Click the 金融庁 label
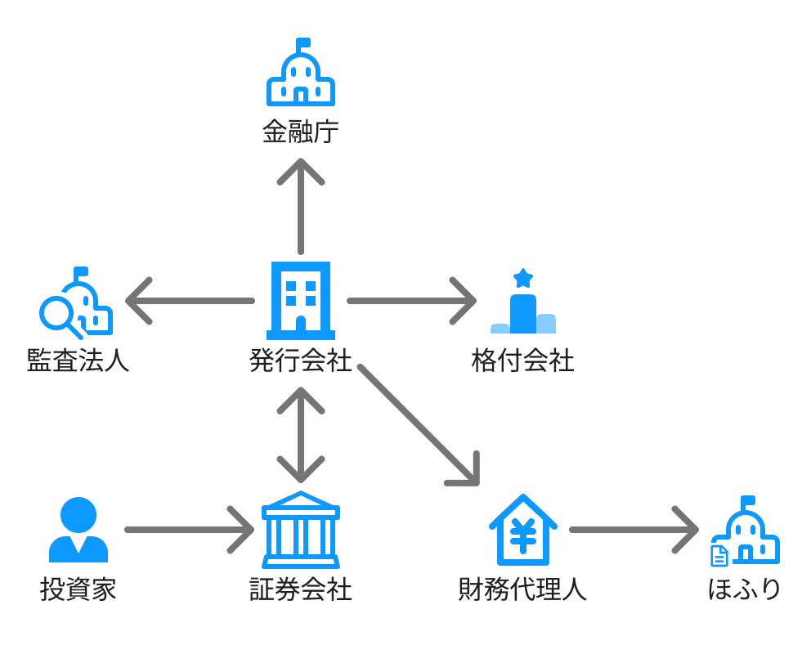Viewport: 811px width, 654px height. click(x=300, y=132)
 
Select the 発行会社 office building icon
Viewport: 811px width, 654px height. click(x=301, y=300)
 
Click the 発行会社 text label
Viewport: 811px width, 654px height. click(x=300, y=361)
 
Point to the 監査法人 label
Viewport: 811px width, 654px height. click(x=78, y=361)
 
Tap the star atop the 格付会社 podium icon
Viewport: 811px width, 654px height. click(x=523, y=278)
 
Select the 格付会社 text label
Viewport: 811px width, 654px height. click(x=523, y=361)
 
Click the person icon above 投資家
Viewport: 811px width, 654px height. click(x=78, y=530)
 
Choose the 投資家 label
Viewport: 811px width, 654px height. click(x=78, y=589)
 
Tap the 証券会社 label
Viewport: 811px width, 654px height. click(x=300, y=589)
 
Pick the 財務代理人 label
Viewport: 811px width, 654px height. click(x=523, y=589)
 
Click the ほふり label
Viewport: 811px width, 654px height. click(x=745, y=589)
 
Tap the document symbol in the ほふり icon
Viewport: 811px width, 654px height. click(x=719, y=556)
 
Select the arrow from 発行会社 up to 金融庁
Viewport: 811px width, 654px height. click(x=301, y=204)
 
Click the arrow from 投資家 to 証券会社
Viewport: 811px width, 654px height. click(x=188, y=530)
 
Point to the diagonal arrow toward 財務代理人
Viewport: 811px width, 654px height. click(x=417, y=425)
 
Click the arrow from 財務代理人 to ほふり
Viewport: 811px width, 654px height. click(x=634, y=530)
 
